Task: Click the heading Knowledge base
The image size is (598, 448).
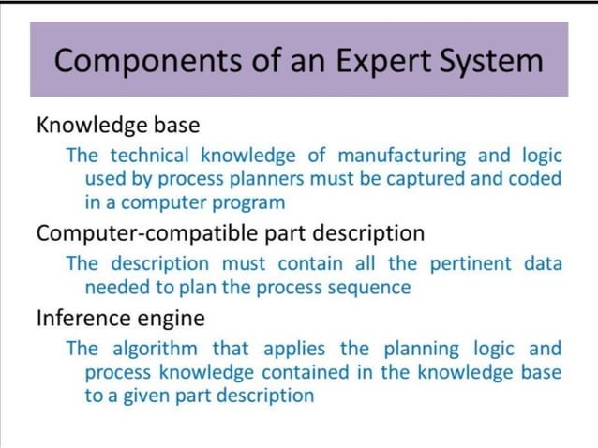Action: [118, 124]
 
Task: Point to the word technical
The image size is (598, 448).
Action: [153, 154]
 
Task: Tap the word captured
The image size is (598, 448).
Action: [425, 178]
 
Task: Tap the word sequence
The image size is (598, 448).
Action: [365, 287]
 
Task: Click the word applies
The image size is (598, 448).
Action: [294, 350]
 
